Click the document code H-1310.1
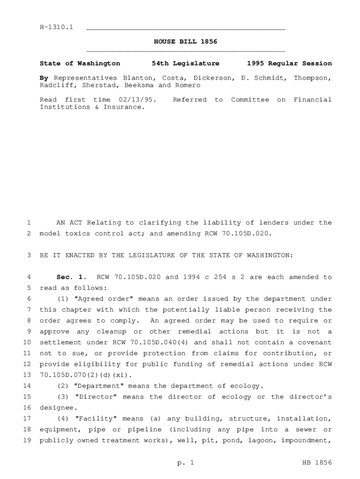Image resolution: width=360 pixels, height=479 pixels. click(57, 28)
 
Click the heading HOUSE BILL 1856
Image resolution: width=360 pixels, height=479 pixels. click(186, 42)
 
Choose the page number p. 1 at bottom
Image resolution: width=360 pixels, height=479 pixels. click(185, 463)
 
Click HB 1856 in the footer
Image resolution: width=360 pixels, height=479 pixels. click(317, 463)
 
